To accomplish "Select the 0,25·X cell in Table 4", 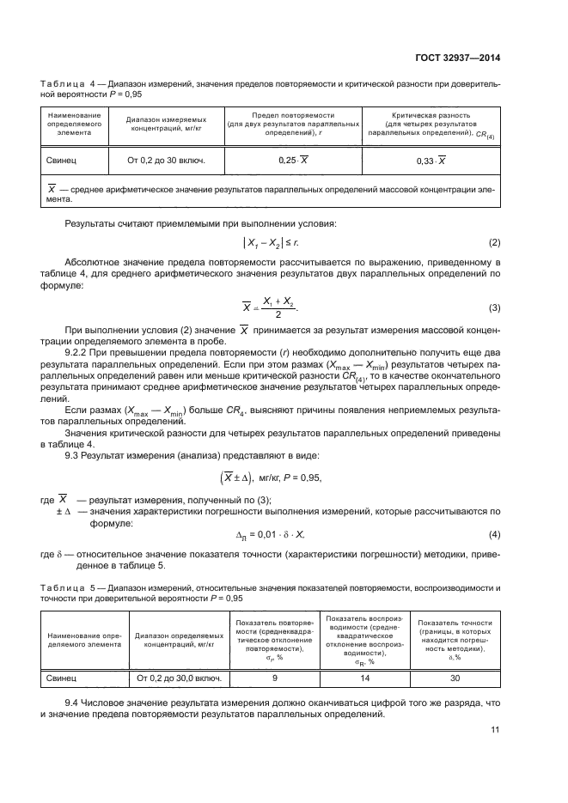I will (x=293, y=161).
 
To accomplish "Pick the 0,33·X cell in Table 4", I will (x=433, y=161).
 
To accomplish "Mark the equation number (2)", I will (x=494, y=243).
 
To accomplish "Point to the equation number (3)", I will (x=494, y=307).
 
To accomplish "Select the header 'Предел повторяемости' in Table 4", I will (x=293, y=114).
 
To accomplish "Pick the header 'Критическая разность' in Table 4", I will (x=433, y=114).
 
